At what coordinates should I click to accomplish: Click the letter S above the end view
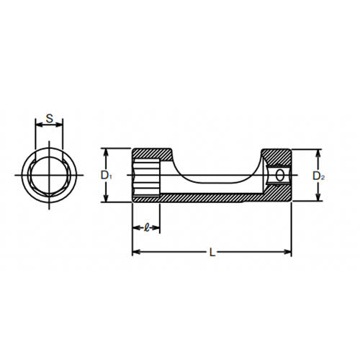click(x=49, y=118)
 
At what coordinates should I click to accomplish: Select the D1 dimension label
click(x=105, y=175)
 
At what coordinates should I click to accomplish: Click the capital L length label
click(x=211, y=253)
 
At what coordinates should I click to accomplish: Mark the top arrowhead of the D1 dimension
click(x=106, y=151)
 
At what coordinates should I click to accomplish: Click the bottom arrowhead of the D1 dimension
click(x=106, y=199)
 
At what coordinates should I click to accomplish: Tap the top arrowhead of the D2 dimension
click(x=317, y=153)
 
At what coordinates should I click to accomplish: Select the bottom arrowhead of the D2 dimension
click(x=317, y=199)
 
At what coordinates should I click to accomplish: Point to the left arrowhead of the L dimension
click(x=135, y=252)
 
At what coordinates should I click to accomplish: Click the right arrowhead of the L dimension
click(x=289, y=252)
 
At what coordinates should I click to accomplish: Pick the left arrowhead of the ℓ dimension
click(x=135, y=228)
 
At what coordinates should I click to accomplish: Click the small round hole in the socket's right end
click(x=279, y=176)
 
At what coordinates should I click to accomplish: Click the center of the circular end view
click(x=48, y=176)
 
